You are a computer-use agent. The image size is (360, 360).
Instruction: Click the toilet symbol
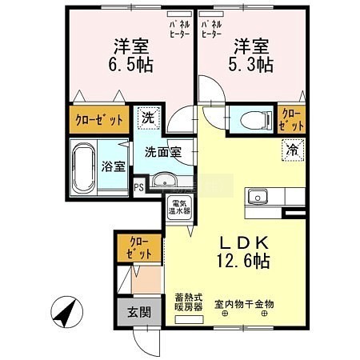point(255,119)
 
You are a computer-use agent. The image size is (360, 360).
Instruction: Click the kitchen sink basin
point(257,197)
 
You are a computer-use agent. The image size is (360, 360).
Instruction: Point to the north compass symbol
point(67,311)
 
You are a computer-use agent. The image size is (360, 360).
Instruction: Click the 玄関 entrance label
point(139,312)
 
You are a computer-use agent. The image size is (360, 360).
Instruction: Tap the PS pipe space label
point(138,188)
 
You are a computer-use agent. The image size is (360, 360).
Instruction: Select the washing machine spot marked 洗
point(149,118)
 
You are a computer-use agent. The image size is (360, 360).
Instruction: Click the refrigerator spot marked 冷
point(293,150)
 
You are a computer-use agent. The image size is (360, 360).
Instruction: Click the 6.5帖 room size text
point(130,64)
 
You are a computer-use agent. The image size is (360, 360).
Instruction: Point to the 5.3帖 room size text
point(250,64)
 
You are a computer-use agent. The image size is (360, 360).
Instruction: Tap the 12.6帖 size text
point(243,261)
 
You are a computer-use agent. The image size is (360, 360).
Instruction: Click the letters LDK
point(243,242)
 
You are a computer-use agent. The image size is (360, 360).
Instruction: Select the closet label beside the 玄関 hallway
point(139,248)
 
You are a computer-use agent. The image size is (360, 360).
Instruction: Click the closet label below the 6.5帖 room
point(99,120)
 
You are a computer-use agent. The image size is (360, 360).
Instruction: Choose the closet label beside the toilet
point(291,119)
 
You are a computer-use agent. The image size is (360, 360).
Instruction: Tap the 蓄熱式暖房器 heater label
point(189,302)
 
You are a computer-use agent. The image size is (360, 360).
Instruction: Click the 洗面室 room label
point(163,152)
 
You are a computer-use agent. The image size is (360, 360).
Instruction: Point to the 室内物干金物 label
point(244,304)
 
